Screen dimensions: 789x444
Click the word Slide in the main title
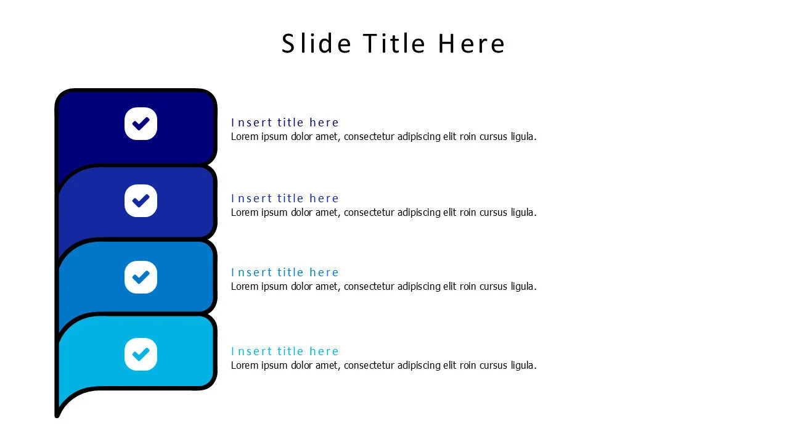click(x=316, y=43)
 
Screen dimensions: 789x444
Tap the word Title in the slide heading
click(x=394, y=43)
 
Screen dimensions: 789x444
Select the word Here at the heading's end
click(x=472, y=43)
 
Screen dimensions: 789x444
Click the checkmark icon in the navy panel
click(x=141, y=124)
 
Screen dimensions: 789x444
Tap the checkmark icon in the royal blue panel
click(x=141, y=200)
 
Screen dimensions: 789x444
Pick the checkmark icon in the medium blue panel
click(x=141, y=277)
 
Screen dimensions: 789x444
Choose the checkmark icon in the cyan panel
click(x=141, y=354)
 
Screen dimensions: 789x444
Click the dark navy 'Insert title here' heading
click(x=285, y=122)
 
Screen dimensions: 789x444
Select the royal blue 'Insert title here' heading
click(x=285, y=199)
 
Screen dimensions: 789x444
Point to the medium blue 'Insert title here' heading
click(x=285, y=273)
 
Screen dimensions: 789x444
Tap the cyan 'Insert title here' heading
click(x=285, y=351)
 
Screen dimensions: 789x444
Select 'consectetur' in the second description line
click(x=369, y=213)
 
